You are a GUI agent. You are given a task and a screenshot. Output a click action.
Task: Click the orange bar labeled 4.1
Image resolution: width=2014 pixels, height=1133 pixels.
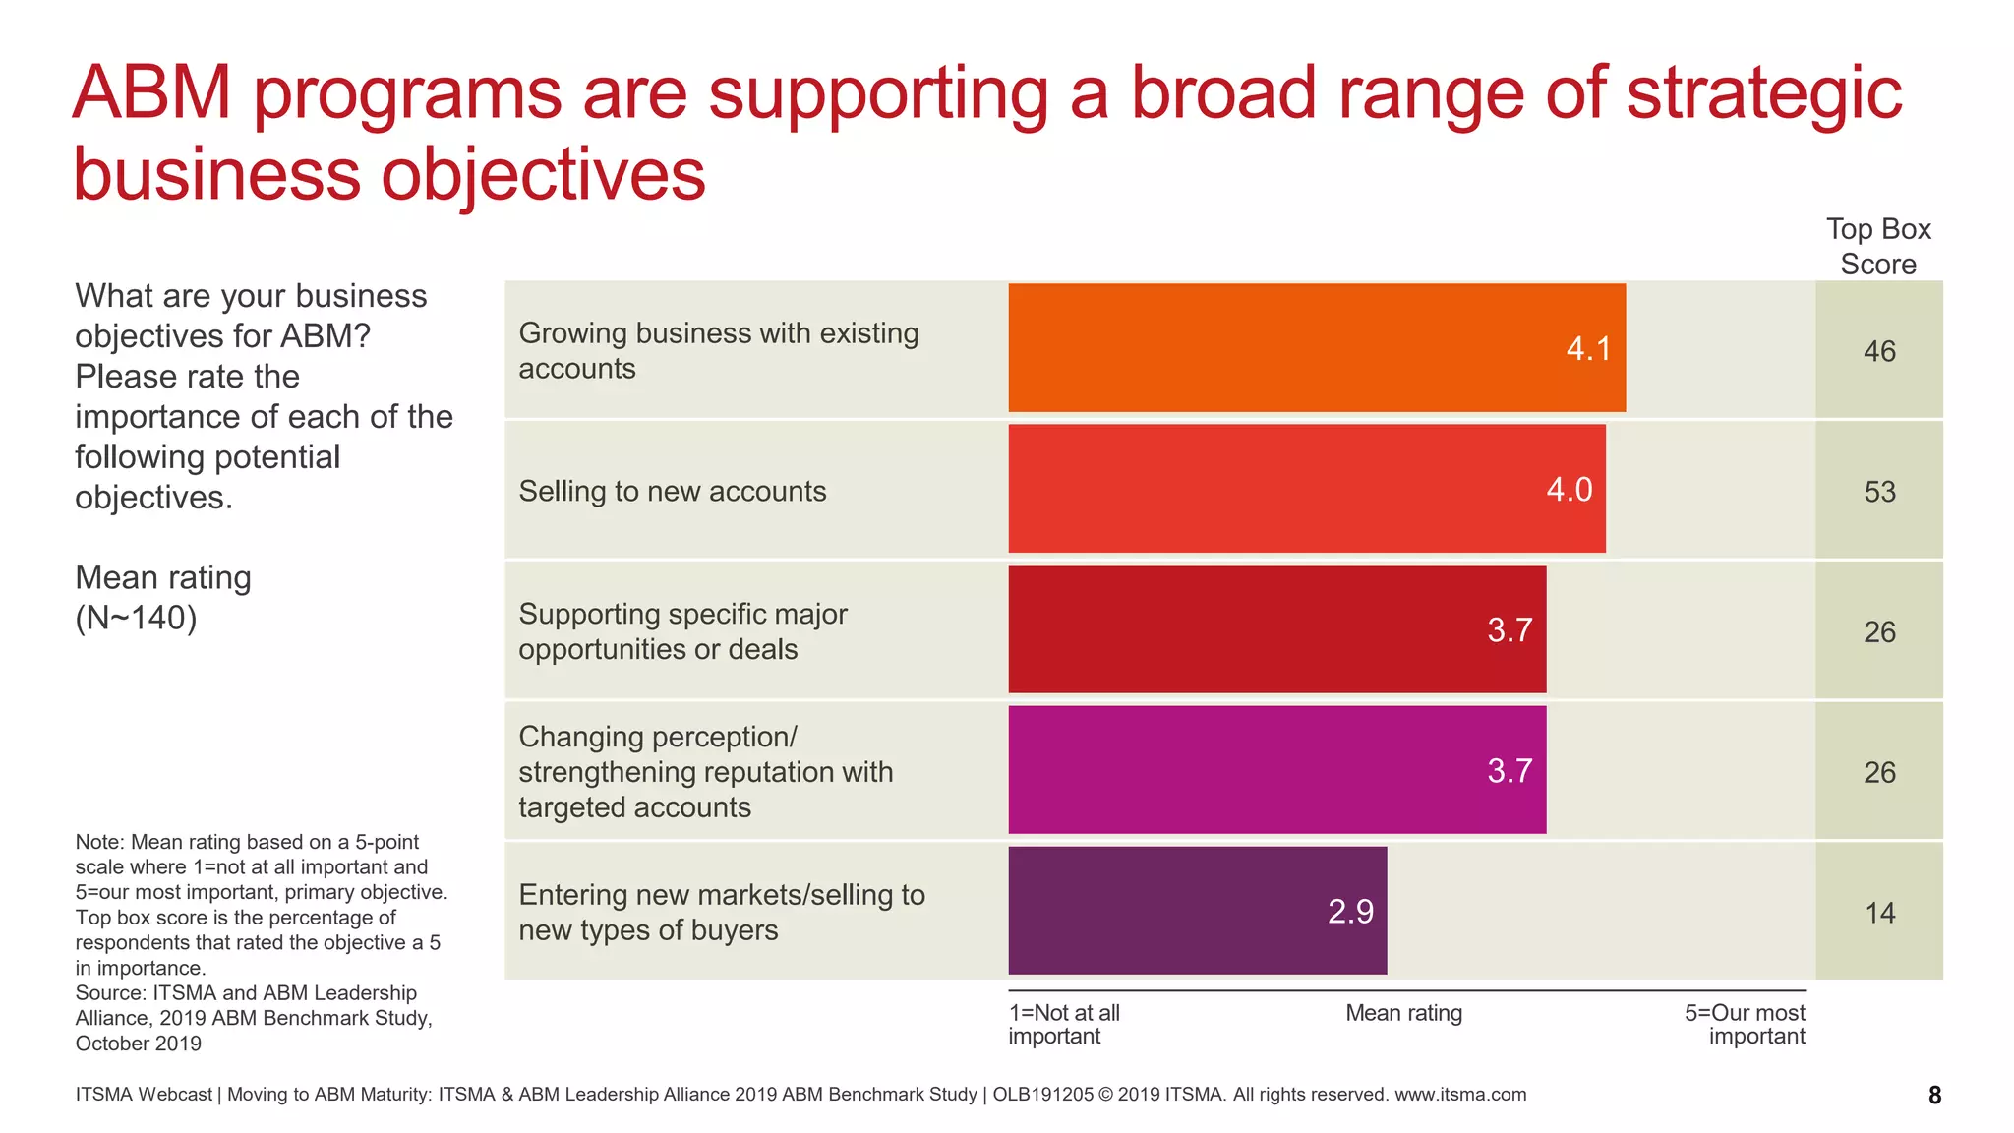point(1316,348)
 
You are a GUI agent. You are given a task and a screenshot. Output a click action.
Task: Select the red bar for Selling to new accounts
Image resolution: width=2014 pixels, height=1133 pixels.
point(1306,489)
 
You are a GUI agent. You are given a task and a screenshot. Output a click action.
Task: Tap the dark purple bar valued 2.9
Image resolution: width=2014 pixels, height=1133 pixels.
point(1197,911)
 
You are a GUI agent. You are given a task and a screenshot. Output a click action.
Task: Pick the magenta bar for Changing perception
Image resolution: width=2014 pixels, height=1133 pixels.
point(1276,770)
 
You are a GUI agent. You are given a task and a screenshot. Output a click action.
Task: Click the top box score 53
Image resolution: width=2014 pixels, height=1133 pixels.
point(1878,492)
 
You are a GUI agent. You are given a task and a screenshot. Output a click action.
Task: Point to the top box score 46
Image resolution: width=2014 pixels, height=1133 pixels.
point(1878,351)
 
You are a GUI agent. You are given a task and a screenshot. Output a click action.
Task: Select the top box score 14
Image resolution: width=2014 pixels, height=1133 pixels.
point(1879,913)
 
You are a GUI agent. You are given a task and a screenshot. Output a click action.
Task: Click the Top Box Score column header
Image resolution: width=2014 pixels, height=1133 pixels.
point(1878,247)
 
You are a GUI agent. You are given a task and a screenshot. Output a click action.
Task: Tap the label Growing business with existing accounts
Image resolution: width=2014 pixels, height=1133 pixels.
point(718,351)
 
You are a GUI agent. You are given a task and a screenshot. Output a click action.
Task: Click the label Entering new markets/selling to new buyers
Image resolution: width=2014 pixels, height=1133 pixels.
point(721,913)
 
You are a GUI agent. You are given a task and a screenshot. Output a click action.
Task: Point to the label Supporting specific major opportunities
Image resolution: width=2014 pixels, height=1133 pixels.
point(682,631)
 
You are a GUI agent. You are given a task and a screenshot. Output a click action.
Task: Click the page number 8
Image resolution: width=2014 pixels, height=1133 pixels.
point(1934,1096)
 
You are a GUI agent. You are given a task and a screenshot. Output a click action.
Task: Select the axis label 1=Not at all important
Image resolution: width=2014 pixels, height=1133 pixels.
point(1063,1024)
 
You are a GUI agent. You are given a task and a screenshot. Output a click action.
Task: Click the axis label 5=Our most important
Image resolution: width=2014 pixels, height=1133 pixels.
point(1745,1024)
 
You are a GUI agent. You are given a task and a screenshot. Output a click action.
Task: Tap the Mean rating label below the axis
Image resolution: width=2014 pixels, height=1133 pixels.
point(1403,1013)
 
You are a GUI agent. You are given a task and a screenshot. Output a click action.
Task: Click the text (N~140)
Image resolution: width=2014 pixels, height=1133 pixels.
point(136,618)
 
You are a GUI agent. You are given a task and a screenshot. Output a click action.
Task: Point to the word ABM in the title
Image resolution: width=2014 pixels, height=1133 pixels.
point(151,93)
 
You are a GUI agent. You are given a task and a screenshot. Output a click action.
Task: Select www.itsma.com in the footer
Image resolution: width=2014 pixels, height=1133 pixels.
point(1460,1095)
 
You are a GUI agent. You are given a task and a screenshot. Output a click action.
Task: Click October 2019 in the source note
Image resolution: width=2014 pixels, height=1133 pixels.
point(139,1044)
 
